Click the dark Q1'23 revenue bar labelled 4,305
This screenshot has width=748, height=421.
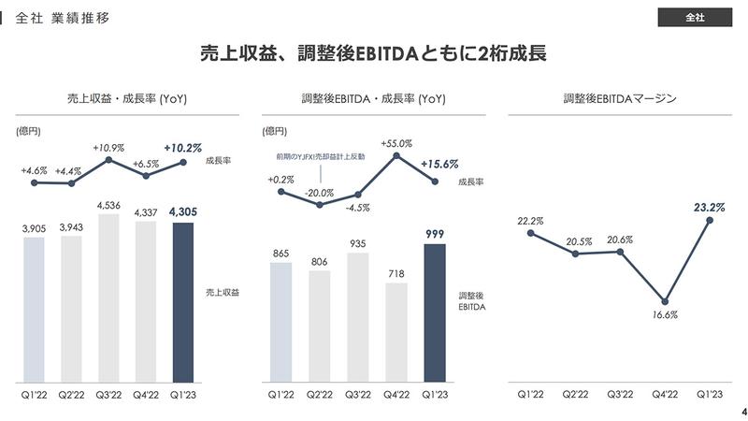(x=183, y=301)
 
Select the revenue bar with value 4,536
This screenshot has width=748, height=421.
(x=109, y=298)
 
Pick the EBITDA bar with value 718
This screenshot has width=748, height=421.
(x=396, y=332)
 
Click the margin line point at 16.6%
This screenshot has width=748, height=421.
(x=665, y=301)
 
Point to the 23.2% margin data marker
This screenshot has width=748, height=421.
(x=711, y=220)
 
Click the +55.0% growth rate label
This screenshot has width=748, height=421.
(x=396, y=143)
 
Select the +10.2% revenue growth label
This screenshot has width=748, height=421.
(x=182, y=147)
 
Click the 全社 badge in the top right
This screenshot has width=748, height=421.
(x=694, y=18)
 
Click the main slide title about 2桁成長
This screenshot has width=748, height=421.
(x=373, y=54)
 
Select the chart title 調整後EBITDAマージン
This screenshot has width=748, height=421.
(x=619, y=98)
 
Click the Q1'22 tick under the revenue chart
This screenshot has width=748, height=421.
(x=34, y=395)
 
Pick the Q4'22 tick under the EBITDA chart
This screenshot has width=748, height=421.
(x=396, y=395)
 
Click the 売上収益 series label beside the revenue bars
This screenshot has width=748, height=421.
(x=223, y=293)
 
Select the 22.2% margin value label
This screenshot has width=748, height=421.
(x=529, y=220)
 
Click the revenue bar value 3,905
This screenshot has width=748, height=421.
(x=34, y=227)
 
